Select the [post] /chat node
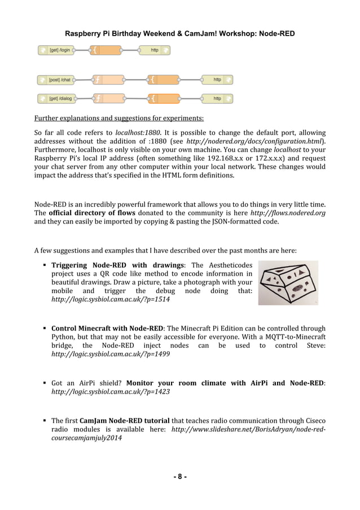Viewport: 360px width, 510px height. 59,80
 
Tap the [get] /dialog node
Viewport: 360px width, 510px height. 59,99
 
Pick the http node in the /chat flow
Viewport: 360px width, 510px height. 217,80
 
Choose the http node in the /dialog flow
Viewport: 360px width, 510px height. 217,99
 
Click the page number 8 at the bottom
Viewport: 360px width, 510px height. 180,476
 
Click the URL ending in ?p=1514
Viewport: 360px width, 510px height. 111,299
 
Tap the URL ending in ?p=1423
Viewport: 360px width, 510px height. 111,391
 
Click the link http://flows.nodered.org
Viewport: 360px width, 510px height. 288,213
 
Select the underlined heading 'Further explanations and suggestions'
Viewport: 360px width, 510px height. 119,119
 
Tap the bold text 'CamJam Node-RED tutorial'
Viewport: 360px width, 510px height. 124,421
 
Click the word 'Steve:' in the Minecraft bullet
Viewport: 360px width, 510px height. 312,345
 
